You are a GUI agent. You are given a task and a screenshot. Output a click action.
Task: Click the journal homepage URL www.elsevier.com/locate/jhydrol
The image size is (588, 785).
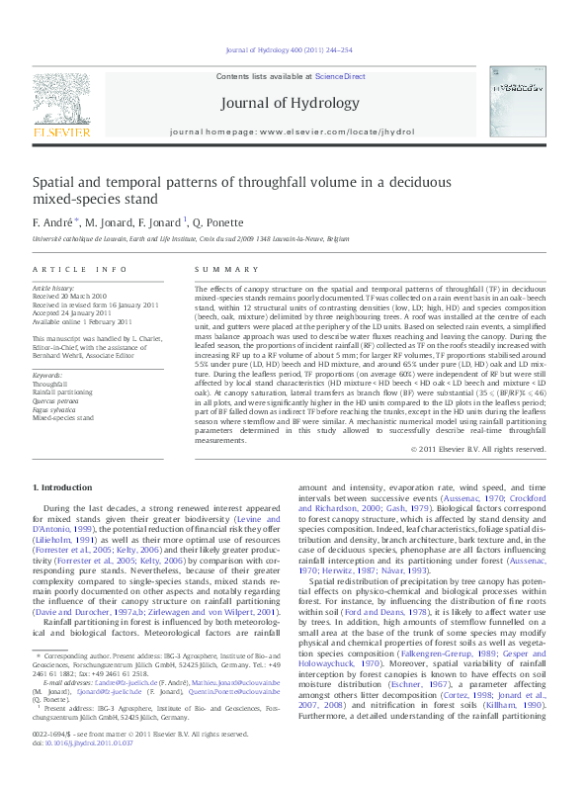(x=340, y=131)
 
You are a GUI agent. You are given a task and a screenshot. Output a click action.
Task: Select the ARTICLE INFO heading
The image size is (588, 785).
(x=80, y=269)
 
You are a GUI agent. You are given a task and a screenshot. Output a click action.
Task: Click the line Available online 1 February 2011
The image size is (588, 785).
(x=82, y=321)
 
